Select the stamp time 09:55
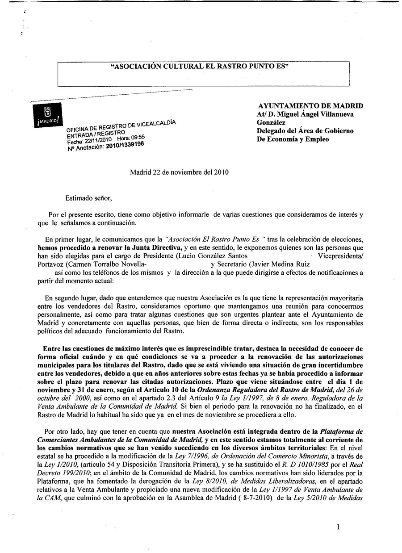coord(137,137)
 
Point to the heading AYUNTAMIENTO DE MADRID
coord(310,106)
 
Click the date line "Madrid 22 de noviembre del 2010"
coord(179,172)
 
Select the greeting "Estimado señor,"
coord(89,197)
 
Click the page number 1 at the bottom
coord(338,527)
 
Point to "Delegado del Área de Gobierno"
coord(305,131)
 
